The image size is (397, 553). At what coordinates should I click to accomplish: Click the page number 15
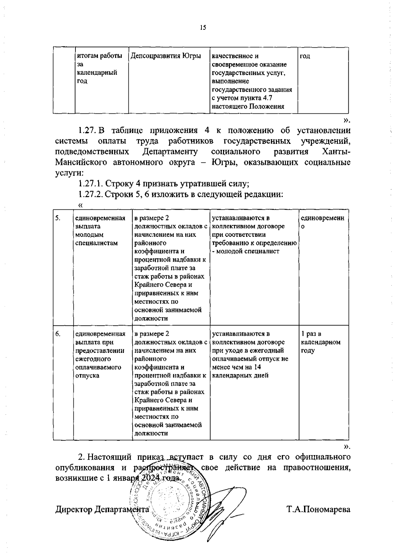coord(203,28)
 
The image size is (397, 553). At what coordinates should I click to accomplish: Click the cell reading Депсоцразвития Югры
coord(166,56)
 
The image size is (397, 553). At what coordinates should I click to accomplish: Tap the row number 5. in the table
coord(58,218)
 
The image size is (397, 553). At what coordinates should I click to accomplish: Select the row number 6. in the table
coord(58,334)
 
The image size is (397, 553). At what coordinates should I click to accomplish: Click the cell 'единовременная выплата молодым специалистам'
coord(100,231)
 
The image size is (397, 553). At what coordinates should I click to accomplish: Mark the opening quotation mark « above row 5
coord(80,205)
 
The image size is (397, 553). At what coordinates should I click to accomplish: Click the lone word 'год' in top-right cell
coord(305,56)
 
